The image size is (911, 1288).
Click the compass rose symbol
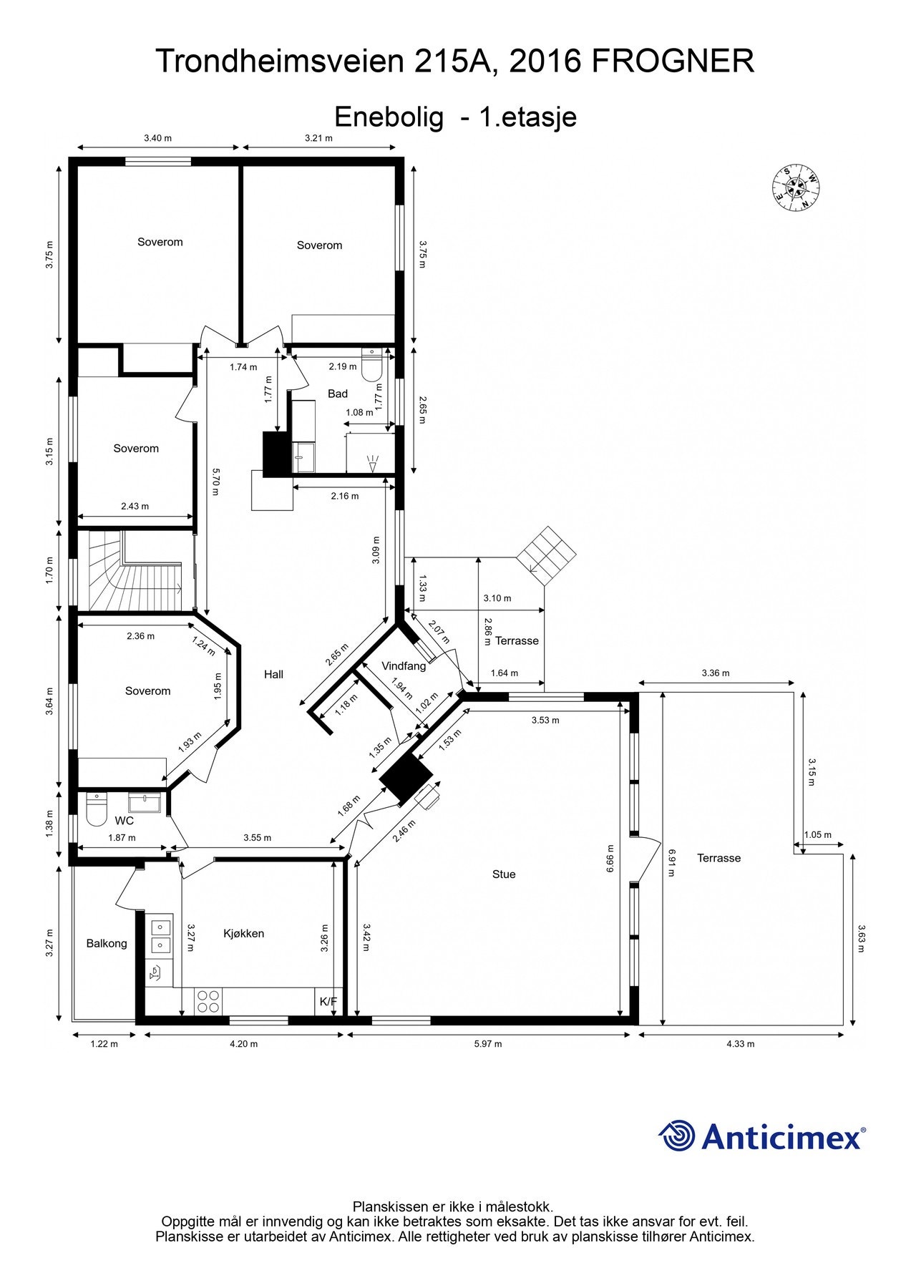[x=796, y=188]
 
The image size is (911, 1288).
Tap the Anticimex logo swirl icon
[x=676, y=1136]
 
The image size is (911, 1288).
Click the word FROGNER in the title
[x=673, y=61]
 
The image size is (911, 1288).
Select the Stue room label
[x=504, y=874]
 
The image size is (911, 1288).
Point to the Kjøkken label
[x=243, y=933]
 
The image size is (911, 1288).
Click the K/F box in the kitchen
[x=328, y=1001]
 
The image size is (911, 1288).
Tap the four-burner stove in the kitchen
[x=208, y=1000]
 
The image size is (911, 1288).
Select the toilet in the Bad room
[x=371, y=366]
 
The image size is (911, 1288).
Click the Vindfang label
[x=404, y=665]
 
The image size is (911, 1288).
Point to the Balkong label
[x=107, y=943]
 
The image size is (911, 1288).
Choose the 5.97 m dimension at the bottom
[x=488, y=1043]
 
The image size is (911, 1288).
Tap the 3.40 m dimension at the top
[x=157, y=138]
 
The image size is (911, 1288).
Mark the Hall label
[x=273, y=674]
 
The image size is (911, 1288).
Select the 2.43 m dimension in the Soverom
[x=135, y=506]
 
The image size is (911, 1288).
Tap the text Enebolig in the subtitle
[x=389, y=116]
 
